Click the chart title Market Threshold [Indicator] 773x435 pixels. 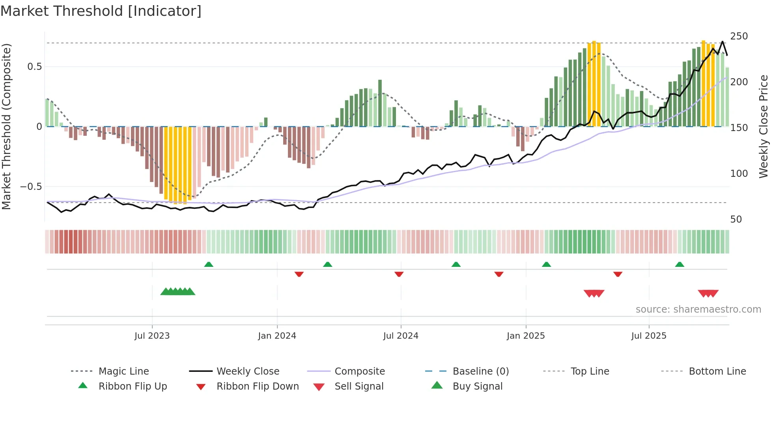click(x=101, y=11)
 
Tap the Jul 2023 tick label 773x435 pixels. click(x=152, y=336)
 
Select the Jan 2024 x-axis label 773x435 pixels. click(x=277, y=336)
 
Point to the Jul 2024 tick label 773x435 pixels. click(x=401, y=336)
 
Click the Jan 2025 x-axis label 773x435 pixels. click(x=526, y=336)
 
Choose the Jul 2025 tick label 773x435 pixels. click(x=649, y=336)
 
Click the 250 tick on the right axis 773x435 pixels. click(x=739, y=36)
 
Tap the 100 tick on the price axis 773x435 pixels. click(x=739, y=174)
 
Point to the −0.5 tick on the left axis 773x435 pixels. click(x=31, y=187)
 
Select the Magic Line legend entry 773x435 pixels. click(x=123, y=371)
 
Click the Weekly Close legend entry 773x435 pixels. click(x=248, y=371)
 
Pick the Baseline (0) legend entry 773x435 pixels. click(x=480, y=371)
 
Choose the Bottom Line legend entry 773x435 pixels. click(x=717, y=371)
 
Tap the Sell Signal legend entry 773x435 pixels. click(x=358, y=386)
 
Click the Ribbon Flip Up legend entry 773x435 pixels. click(x=133, y=386)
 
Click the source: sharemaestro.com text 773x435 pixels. click(x=698, y=309)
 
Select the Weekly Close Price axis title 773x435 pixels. click(x=764, y=126)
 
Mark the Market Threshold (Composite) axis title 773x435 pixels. click(x=6, y=126)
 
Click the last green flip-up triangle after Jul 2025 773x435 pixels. click(x=680, y=264)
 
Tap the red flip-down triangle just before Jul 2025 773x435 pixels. click(x=618, y=274)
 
